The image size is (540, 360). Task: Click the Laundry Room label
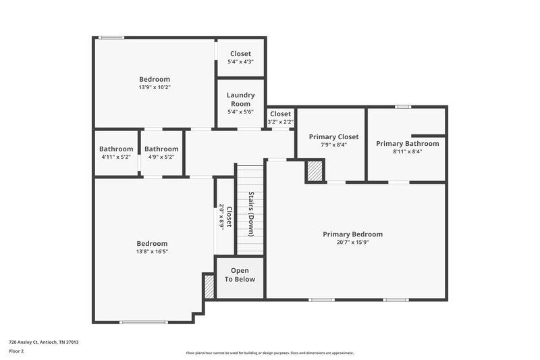pyautogui.click(x=240, y=99)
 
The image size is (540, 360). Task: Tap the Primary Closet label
pyautogui.click(x=333, y=136)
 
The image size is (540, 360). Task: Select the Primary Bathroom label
pyautogui.click(x=408, y=143)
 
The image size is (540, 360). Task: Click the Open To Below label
pyautogui.click(x=240, y=275)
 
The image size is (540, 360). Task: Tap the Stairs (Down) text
pyautogui.click(x=250, y=214)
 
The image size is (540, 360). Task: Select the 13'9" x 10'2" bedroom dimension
pyautogui.click(x=155, y=87)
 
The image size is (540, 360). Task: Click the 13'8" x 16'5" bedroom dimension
pyautogui.click(x=152, y=251)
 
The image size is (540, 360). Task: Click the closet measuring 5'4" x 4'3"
pyautogui.click(x=240, y=57)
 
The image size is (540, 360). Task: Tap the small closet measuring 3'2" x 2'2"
pyautogui.click(x=280, y=118)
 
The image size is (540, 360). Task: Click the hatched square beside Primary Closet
pyautogui.click(x=315, y=171)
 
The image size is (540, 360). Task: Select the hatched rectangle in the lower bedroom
pyautogui.click(x=209, y=286)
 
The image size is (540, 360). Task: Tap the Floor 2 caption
pyautogui.click(x=17, y=352)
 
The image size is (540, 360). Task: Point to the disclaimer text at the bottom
pyautogui.click(x=269, y=353)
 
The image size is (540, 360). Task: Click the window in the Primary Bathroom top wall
pyautogui.click(x=403, y=106)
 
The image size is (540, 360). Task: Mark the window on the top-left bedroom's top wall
pyautogui.click(x=111, y=37)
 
